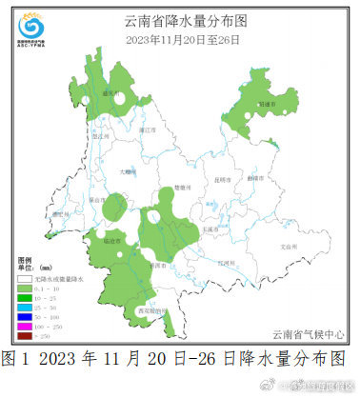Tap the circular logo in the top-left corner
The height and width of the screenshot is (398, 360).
coord(30,23)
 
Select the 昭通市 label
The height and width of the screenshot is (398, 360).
coord(265,102)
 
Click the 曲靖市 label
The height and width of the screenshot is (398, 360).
coord(254,178)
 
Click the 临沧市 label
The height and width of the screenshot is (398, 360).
coord(111,242)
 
